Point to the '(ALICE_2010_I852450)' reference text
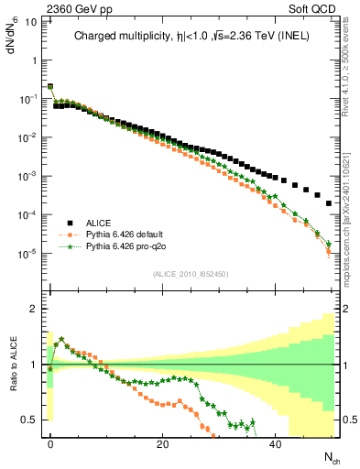[191, 273]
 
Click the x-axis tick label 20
[162, 443]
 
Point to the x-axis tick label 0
[49, 443]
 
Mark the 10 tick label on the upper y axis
[31, 20]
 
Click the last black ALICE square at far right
[329, 203]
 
